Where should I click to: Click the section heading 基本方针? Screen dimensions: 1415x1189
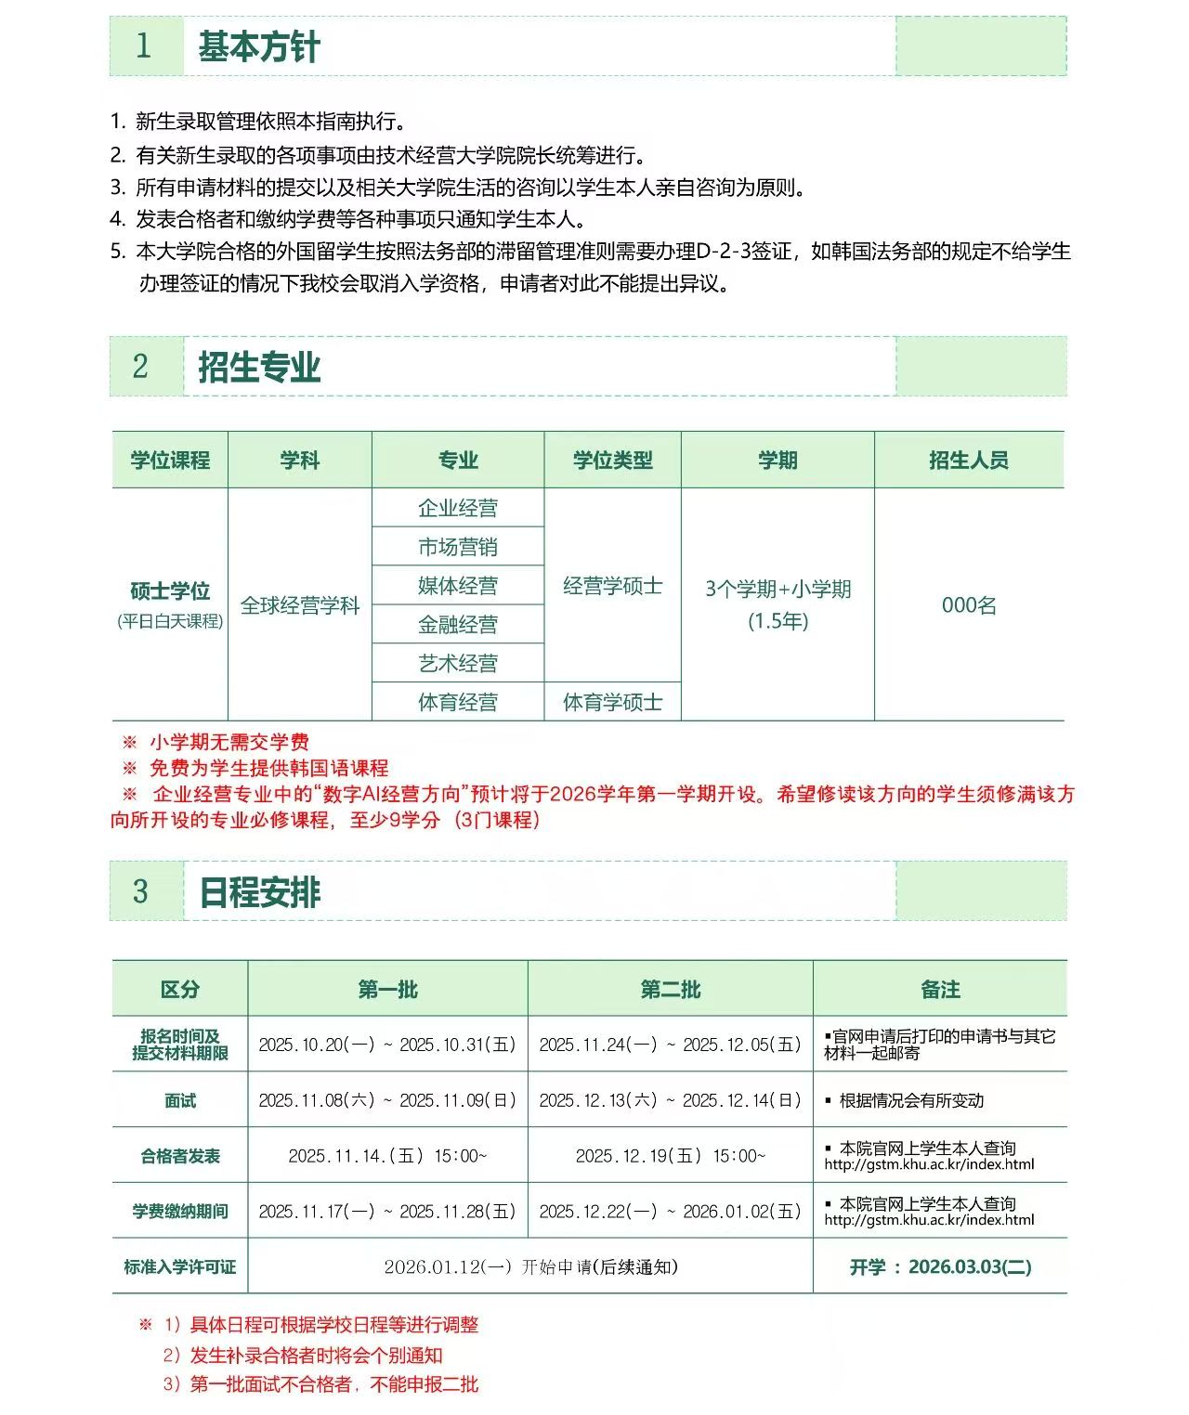(259, 46)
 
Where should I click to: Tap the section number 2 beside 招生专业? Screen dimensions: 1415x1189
(140, 367)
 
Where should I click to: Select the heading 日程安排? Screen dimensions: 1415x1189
(259, 892)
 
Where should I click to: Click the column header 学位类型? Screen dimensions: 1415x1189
(612, 461)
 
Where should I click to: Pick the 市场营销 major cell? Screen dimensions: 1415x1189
(457, 547)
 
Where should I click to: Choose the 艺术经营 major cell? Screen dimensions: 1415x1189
(457, 663)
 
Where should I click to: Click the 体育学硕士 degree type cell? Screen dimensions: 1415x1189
(612, 702)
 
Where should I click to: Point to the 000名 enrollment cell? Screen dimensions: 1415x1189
(968, 605)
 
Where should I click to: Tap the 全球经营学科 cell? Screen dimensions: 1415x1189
(299, 605)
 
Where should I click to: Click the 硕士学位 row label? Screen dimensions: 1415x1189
(170, 591)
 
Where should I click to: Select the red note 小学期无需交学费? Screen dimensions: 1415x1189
(229, 742)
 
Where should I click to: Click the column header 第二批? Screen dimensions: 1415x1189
(670, 990)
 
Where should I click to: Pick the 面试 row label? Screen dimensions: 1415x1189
(180, 1101)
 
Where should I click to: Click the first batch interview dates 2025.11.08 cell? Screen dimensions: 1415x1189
(386, 1101)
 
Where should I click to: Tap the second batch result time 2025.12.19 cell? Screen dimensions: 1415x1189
(670, 1156)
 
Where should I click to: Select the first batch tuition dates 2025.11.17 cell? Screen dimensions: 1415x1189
(386, 1212)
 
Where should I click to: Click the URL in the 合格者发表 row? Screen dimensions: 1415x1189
(928, 1164)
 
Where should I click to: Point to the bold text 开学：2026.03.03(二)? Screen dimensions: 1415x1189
(940, 1267)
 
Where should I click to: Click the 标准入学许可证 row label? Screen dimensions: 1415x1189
(180, 1267)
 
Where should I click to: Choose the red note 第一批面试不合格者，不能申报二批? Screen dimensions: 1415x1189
(333, 1384)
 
